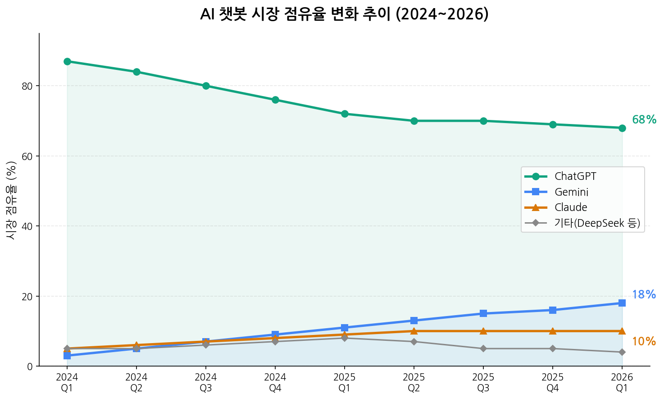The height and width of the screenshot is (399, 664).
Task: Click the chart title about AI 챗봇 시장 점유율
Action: tap(344, 14)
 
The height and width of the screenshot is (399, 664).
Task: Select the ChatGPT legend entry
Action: tap(575, 176)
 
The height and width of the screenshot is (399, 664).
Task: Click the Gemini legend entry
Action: tap(571, 192)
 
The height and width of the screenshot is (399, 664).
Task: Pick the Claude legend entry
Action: tap(571, 207)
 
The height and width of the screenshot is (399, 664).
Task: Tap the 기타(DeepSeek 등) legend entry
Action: tap(596, 223)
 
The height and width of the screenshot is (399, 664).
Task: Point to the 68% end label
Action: tap(644, 120)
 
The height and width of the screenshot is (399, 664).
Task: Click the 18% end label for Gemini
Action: tap(644, 295)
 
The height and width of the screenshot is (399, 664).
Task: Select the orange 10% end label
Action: tap(644, 342)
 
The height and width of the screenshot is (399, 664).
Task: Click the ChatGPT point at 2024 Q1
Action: tap(67, 61)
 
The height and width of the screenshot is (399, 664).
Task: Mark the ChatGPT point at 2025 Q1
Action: tap(345, 114)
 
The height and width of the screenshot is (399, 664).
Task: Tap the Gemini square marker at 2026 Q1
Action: tap(622, 303)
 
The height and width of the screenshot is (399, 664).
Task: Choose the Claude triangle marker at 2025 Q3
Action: tap(483, 331)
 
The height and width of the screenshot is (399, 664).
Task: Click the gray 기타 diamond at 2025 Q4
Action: tap(553, 349)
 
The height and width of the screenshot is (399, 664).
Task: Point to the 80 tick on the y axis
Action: tap(27, 86)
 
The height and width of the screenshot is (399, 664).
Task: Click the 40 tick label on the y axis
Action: tap(27, 226)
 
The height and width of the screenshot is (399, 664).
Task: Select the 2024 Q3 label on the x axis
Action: tap(206, 383)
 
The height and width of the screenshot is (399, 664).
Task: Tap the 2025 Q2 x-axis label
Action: tap(414, 383)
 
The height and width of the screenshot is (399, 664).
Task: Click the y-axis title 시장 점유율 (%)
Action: tap(12, 200)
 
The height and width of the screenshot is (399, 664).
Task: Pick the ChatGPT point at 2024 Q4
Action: tap(275, 100)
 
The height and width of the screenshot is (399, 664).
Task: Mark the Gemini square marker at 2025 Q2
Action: tap(414, 321)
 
